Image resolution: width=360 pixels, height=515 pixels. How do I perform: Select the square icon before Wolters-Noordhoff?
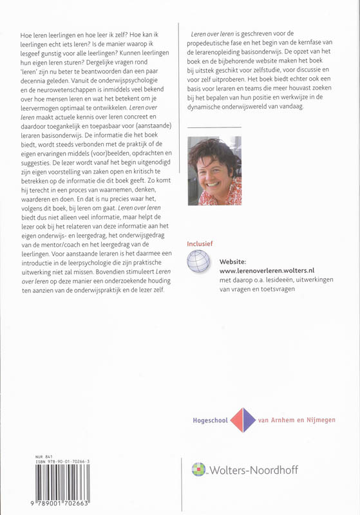199,470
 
